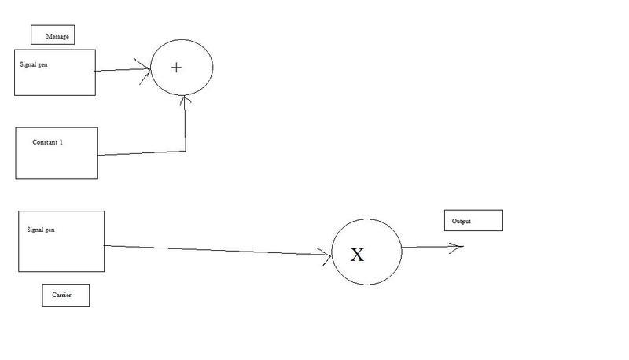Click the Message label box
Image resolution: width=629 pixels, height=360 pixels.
click(x=52, y=35)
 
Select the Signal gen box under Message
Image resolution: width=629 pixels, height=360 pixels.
click(x=55, y=72)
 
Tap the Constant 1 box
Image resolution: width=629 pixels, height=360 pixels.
click(x=57, y=153)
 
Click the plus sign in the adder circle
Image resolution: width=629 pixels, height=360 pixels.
click(x=176, y=68)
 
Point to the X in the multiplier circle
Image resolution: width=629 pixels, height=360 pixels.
click(x=357, y=255)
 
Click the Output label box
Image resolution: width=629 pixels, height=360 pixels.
click(x=473, y=221)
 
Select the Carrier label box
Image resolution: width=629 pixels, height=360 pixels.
click(x=65, y=296)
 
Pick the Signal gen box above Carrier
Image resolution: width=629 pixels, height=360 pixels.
click(x=61, y=241)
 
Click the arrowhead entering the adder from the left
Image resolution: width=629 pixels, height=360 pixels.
click(x=145, y=69)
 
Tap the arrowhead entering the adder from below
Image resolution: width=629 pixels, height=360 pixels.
click(x=185, y=101)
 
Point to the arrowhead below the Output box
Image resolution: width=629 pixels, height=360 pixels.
click(x=457, y=247)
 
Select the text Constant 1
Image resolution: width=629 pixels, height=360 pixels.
click(x=47, y=142)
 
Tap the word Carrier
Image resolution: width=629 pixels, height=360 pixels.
click(x=61, y=296)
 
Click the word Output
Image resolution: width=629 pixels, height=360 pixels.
click(x=462, y=222)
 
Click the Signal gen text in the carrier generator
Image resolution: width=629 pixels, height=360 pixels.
click(x=40, y=230)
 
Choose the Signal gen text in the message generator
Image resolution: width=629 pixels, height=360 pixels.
click(x=34, y=64)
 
